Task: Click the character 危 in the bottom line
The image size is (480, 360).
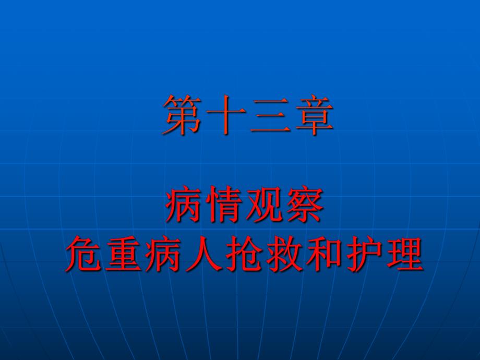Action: (84, 253)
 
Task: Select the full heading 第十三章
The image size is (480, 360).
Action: (248, 115)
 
